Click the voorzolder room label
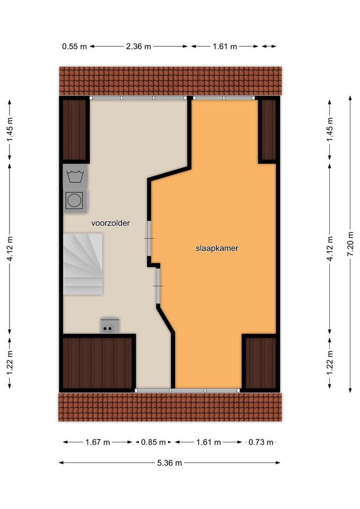pyautogui.click(x=110, y=223)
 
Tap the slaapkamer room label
pyautogui.click(x=217, y=248)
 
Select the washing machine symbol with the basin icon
pyautogui.click(x=75, y=176)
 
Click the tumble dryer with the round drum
pyautogui.click(x=75, y=200)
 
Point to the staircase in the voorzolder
pyautogui.click(x=83, y=264)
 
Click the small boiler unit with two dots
pyautogui.click(x=110, y=325)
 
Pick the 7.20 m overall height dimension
pyautogui.click(x=350, y=244)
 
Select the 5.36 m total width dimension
pyautogui.click(x=170, y=462)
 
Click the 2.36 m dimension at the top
pyautogui.click(x=138, y=47)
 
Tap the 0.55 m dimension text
pyautogui.click(x=74, y=47)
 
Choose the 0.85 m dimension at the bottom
pyautogui.click(x=153, y=442)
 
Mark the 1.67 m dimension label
pyautogui.click(x=98, y=442)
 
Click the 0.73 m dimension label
pyautogui.click(x=261, y=442)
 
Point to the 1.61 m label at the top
pyautogui.click(x=225, y=47)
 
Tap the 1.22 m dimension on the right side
pyautogui.click(x=330, y=363)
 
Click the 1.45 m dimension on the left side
pyautogui.click(x=10, y=129)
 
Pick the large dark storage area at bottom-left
pyautogui.click(x=98, y=363)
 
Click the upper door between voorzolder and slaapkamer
pyautogui.click(x=149, y=239)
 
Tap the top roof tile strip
pyautogui.click(x=170, y=81)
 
